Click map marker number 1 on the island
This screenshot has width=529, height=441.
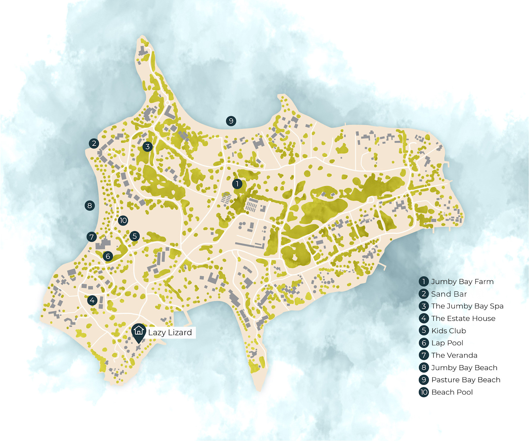(x=237, y=184)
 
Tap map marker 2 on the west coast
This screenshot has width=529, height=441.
(x=94, y=143)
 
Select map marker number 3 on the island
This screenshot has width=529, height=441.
(x=147, y=146)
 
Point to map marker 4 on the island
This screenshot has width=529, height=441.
(x=92, y=300)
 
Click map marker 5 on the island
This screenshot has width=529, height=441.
(x=134, y=236)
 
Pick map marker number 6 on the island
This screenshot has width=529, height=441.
(x=108, y=256)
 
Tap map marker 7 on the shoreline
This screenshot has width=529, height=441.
(x=92, y=237)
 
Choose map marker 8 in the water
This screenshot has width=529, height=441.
(x=89, y=206)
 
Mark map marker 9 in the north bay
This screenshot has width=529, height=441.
(x=231, y=121)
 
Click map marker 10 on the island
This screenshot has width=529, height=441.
(x=123, y=220)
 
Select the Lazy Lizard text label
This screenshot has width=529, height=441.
(x=170, y=333)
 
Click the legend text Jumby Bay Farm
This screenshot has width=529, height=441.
(x=462, y=282)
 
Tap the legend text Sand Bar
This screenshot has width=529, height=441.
(x=449, y=294)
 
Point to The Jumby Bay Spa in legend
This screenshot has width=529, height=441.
(x=467, y=306)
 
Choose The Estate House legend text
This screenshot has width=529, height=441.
(x=463, y=319)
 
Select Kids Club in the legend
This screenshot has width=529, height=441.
(x=449, y=331)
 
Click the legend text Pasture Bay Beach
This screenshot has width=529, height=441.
(x=466, y=380)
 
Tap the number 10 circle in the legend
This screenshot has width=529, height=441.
(x=424, y=392)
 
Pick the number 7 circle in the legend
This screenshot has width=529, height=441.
(x=424, y=355)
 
